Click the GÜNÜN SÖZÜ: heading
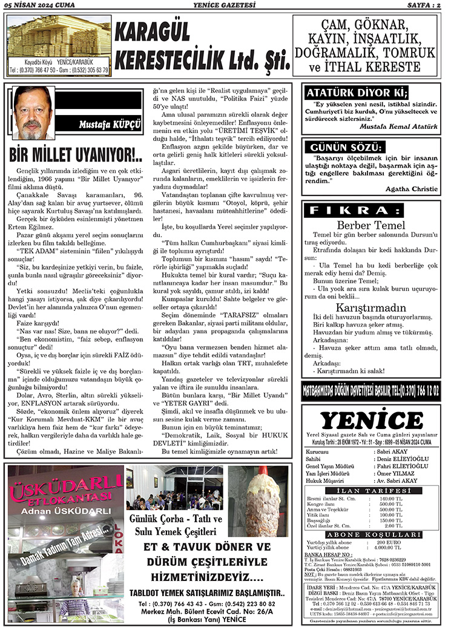(346, 148)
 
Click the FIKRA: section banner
(371, 211)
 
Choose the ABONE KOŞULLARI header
(370, 534)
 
